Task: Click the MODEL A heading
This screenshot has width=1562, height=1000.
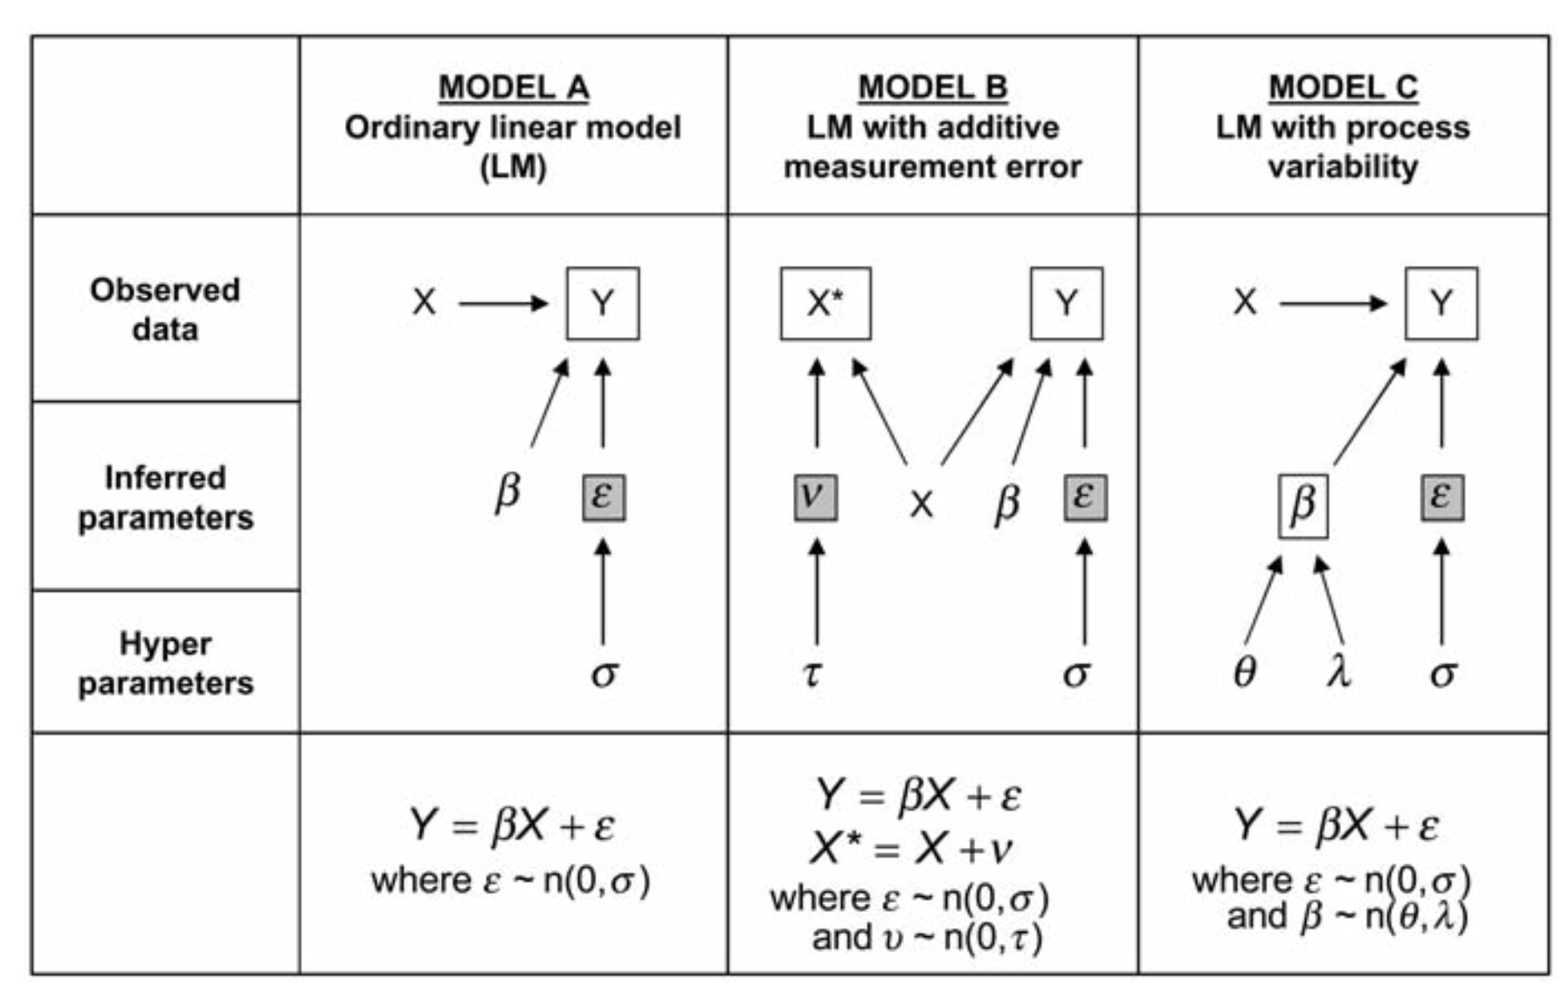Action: click(x=513, y=87)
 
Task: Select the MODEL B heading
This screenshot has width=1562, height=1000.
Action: click(x=932, y=87)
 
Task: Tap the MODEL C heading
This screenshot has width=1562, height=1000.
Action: click(x=1343, y=87)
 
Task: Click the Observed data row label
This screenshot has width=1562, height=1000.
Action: click(x=165, y=309)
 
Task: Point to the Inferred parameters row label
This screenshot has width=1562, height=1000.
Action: click(x=165, y=497)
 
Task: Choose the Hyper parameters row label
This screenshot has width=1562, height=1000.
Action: click(x=165, y=663)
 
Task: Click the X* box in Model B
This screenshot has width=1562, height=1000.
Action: click(x=826, y=303)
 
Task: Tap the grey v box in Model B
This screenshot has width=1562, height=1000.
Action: click(x=815, y=497)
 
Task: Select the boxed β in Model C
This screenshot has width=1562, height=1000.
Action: click(x=1303, y=505)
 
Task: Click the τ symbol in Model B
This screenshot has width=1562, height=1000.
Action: click(x=812, y=673)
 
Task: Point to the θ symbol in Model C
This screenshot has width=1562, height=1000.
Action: click(x=1244, y=673)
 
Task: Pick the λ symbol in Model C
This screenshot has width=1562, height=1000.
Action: click(x=1337, y=671)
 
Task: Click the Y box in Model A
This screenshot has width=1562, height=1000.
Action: click(x=603, y=303)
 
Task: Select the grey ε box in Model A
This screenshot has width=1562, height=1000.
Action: click(x=604, y=497)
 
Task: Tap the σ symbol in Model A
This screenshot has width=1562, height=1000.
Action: click(x=605, y=673)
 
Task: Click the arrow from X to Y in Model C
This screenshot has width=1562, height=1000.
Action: click(x=1332, y=303)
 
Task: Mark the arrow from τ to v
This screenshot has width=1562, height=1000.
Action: click(x=817, y=593)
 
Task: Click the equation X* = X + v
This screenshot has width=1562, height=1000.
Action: click(x=911, y=847)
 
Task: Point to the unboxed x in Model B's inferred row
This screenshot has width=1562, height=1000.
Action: click(x=921, y=504)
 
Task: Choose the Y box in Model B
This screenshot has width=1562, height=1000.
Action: click(x=1067, y=303)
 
